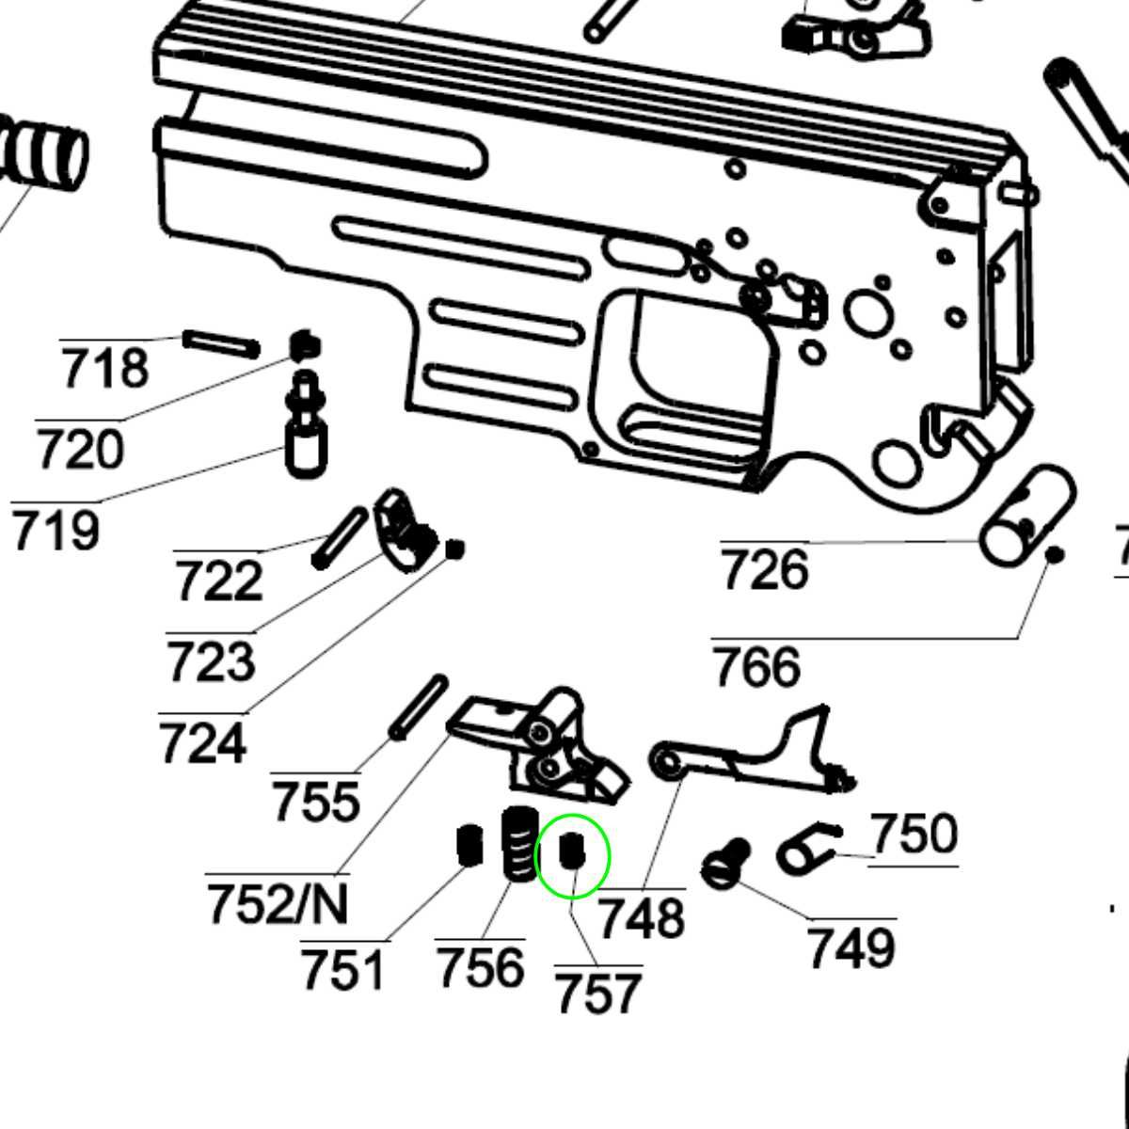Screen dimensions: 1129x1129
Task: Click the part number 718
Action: [x=104, y=368]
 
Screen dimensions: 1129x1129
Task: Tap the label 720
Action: [x=80, y=450]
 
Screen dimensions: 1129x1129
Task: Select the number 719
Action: [x=56, y=531]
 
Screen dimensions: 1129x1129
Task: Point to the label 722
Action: [x=218, y=580]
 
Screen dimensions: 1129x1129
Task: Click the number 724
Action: [x=202, y=743]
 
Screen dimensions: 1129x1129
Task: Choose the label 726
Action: [x=764, y=570]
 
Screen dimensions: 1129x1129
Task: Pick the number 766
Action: [x=756, y=667]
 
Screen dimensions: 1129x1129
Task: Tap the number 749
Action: [x=851, y=947]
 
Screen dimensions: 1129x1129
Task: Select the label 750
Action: [x=914, y=834]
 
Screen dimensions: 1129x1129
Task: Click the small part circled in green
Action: [x=572, y=851]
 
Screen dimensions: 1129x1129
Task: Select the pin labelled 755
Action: [x=419, y=708]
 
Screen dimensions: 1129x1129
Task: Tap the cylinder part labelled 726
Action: [x=1027, y=516]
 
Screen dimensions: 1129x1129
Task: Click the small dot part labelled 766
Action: [x=1055, y=555]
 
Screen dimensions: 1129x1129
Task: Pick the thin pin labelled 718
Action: [x=221, y=343]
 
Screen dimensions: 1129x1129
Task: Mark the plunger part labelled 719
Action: [x=306, y=428]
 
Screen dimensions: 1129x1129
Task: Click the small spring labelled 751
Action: [x=469, y=845]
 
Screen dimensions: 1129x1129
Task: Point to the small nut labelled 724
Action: [x=455, y=549]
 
